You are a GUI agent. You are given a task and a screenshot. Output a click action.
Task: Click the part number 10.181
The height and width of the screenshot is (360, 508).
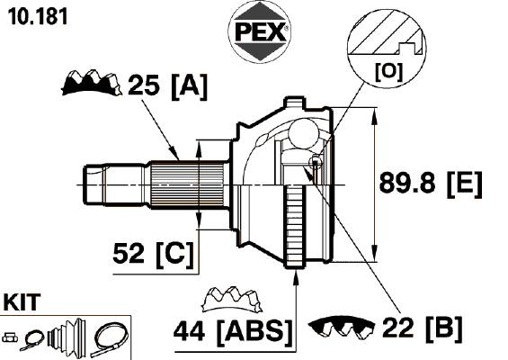(x=38, y=16)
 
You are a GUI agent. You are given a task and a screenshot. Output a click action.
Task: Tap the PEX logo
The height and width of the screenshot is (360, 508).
(x=260, y=32)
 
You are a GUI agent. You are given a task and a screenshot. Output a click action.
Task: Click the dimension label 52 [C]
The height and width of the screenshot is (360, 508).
(x=153, y=255)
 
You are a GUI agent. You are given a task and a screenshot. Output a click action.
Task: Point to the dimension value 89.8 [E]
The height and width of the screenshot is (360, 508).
(x=431, y=184)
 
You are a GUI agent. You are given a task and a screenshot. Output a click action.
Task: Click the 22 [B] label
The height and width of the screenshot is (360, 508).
(x=423, y=328)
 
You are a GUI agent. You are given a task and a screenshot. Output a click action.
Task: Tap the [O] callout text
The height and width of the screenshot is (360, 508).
(x=388, y=72)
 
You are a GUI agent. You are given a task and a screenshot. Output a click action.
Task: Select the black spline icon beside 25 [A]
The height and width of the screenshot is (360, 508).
(x=92, y=82)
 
